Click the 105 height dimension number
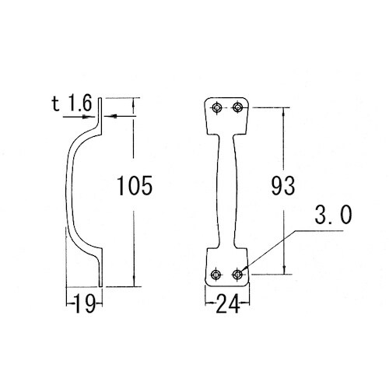(x=135, y=185)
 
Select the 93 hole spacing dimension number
(x=283, y=186)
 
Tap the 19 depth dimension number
(x=85, y=303)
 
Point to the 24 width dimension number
(x=227, y=303)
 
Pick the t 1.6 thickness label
(x=72, y=103)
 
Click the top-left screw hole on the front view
(x=216, y=107)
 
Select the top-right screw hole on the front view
(x=237, y=107)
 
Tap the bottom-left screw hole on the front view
(x=216, y=275)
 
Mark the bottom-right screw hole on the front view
(x=237, y=274)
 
